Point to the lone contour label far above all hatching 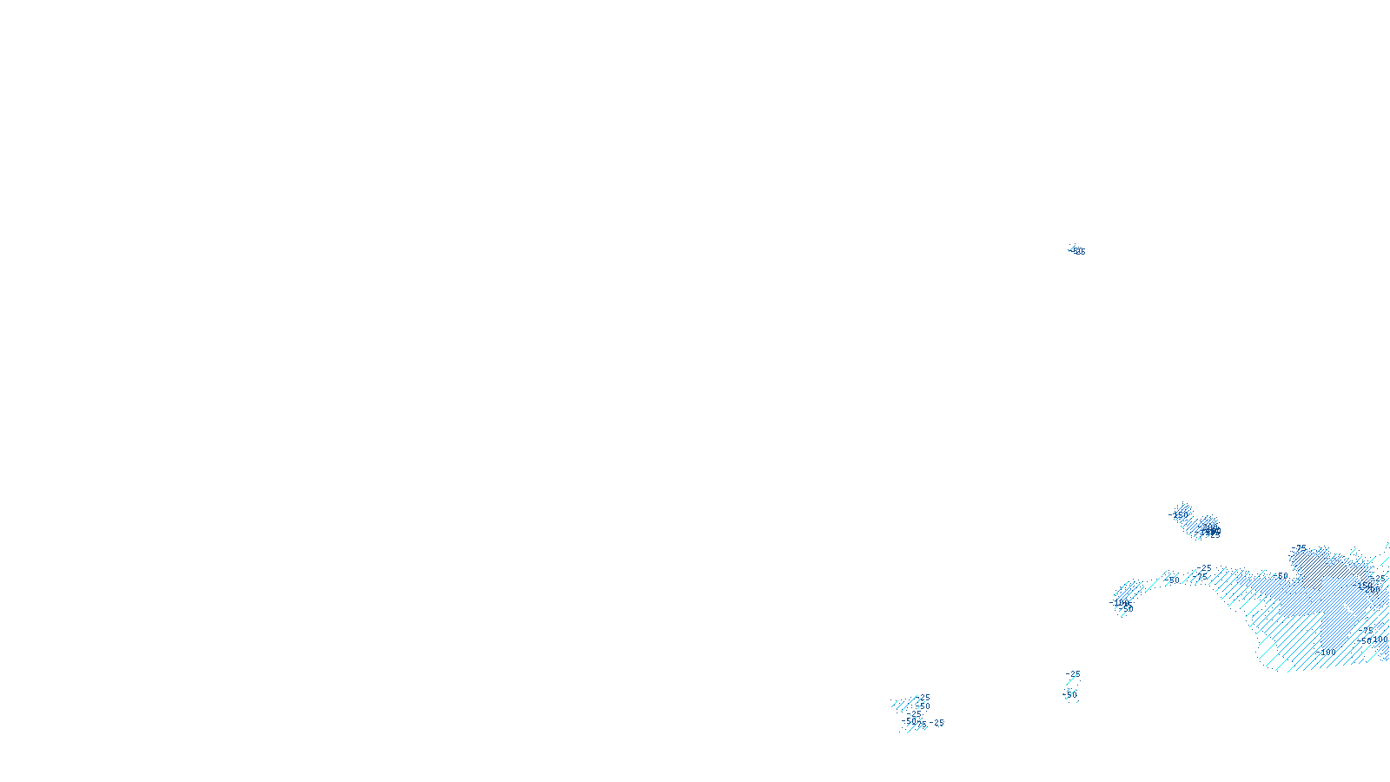click(x=1078, y=251)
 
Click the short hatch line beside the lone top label click(x=1072, y=249)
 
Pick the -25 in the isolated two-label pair click(x=1075, y=674)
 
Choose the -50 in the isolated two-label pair click(x=1070, y=694)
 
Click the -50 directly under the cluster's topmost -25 click(x=923, y=706)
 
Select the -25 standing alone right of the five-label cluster click(x=937, y=723)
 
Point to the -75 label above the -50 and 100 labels click(x=1367, y=629)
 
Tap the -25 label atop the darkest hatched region click(x=1300, y=548)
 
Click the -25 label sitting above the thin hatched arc click(x=1205, y=568)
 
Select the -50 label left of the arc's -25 click(x=1173, y=580)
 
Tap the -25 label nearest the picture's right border click(x=1380, y=578)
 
